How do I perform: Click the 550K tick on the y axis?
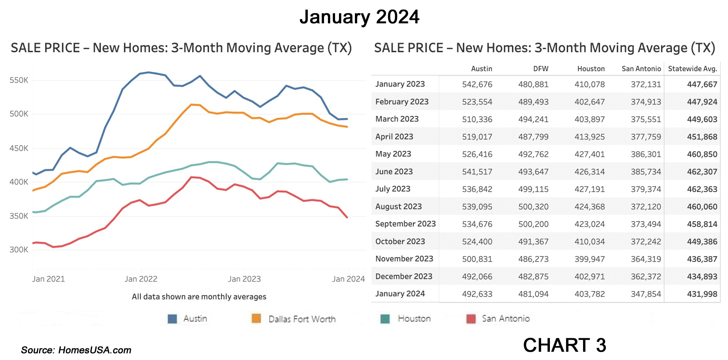pyautogui.click(x=19, y=80)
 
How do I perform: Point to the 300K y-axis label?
pyautogui.click(x=19, y=250)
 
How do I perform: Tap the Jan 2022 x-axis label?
pyautogui.click(x=141, y=279)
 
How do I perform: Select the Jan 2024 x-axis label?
pyautogui.click(x=348, y=279)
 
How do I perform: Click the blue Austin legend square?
pyautogui.click(x=172, y=319)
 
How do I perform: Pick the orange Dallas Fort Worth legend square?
pyautogui.click(x=256, y=319)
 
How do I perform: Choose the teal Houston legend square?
pyautogui.click(x=385, y=319)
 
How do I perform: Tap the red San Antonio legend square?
pyautogui.click(x=471, y=319)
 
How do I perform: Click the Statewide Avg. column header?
pyautogui.click(x=692, y=69)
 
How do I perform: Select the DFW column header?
pyautogui.click(x=540, y=69)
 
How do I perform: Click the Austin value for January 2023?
pyautogui.click(x=477, y=85)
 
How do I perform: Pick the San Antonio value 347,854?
pyautogui.click(x=646, y=294)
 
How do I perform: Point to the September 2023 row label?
pyautogui.click(x=405, y=224)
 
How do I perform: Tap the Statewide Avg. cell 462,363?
pyautogui.click(x=702, y=189)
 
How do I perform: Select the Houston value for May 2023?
pyautogui.click(x=590, y=154)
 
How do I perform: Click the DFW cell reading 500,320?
pyautogui.click(x=533, y=207)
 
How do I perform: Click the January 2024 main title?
pyautogui.click(x=359, y=17)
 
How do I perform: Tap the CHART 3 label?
pyautogui.click(x=565, y=345)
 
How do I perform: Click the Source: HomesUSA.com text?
pyautogui.click(x=76, y=350)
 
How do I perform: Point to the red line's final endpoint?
pyautogui.click(x=347, y=217)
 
